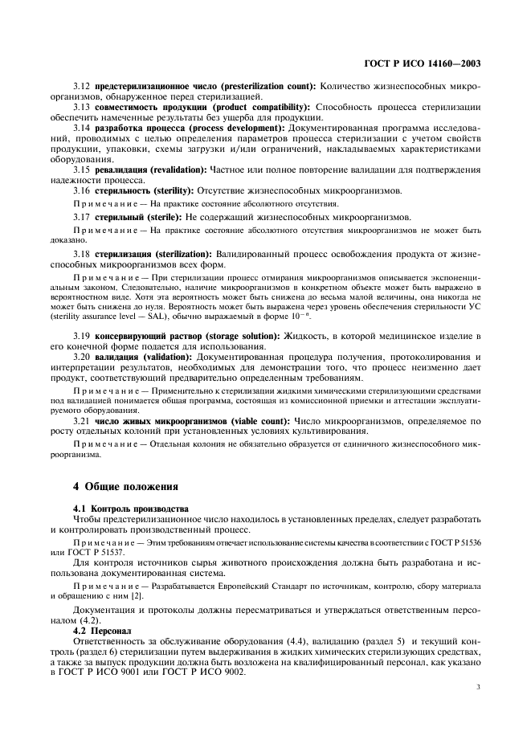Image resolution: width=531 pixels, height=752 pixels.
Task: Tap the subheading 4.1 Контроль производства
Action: coord(131,509)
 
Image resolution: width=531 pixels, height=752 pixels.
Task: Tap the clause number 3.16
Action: coord(82,190)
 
